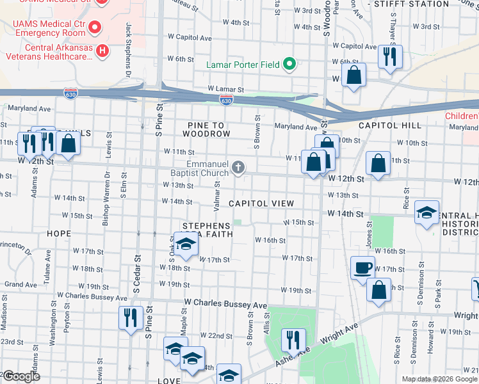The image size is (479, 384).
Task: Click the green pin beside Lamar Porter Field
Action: pyautogui.click(x=289, y=63)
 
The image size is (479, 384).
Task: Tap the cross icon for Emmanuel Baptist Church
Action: pyautogui.click(x=238, y=168)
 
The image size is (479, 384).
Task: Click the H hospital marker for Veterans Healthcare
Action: pyautogui.click(x=102, y=49)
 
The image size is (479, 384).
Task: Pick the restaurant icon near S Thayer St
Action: pyautogui.click(x=388, y=58)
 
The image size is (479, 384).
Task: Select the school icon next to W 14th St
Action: pyautogui.click(x=426, y=213)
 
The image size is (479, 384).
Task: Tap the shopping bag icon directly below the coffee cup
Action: pyautogui.click(x=379, y=289)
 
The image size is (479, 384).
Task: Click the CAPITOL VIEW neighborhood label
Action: pyautogui.click(x=261, y=204)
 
